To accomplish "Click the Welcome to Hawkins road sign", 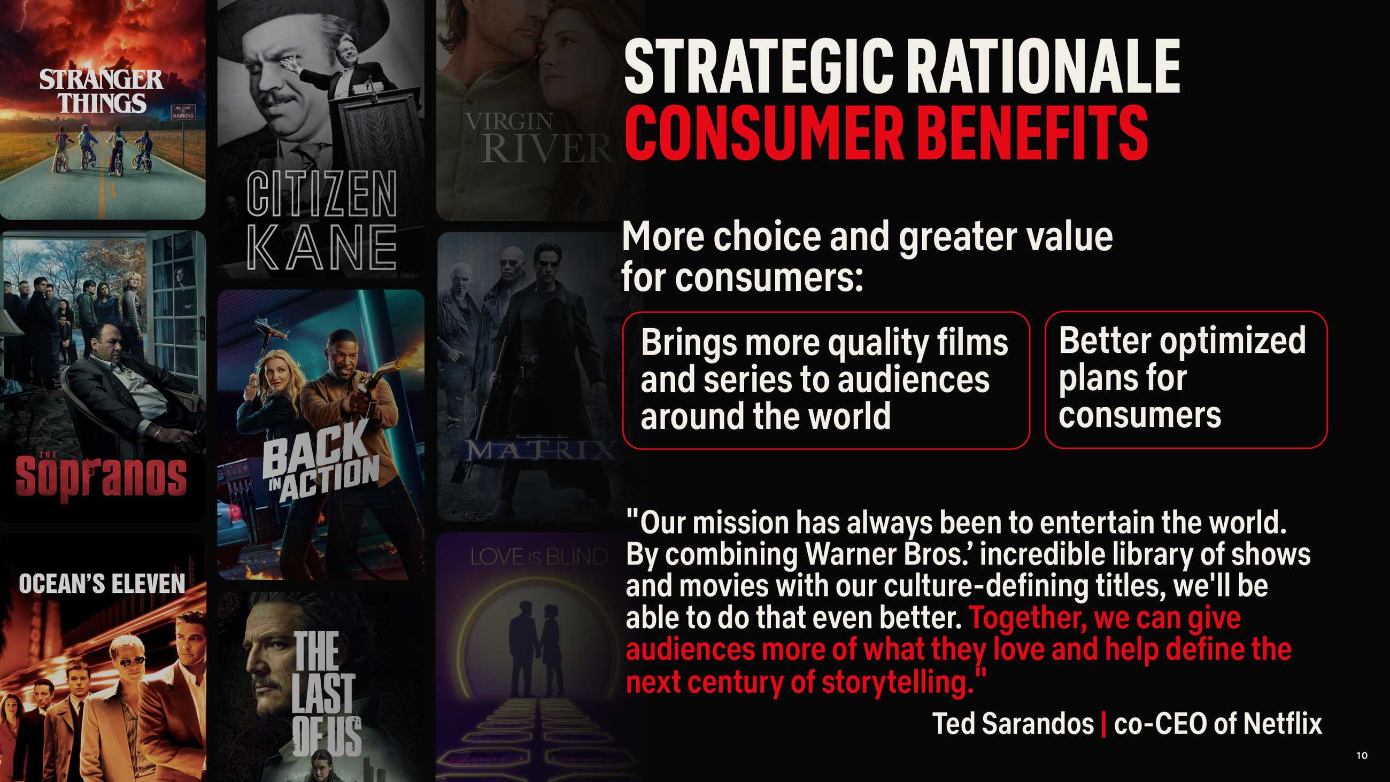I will (183, 112).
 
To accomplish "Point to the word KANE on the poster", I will (322, 247).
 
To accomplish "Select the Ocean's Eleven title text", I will (102, 584).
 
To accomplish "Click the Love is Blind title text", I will (538, 557).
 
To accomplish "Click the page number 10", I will (1362, 756).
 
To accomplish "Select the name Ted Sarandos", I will (1013, 724).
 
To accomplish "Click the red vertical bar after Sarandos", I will (1103, 724).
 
